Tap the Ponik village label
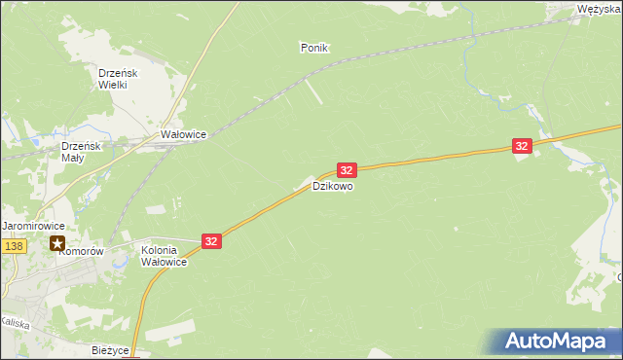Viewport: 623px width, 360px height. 315,47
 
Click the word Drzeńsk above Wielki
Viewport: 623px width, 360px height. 120,73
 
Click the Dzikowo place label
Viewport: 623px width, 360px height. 333,185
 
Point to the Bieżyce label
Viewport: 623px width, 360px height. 110,349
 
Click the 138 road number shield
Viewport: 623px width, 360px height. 13,247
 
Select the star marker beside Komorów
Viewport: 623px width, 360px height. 58,243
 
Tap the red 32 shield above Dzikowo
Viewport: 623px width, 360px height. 348,169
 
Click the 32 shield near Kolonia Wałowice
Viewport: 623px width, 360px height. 212,239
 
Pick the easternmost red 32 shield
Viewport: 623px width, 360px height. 523,146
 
